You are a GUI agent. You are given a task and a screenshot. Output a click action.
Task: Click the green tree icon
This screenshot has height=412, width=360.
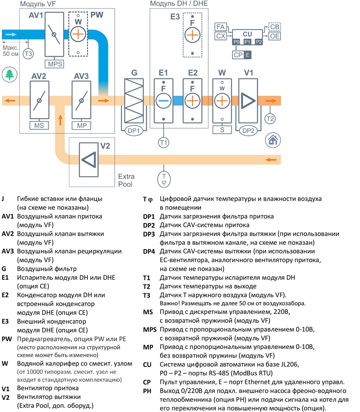tap(9, 74)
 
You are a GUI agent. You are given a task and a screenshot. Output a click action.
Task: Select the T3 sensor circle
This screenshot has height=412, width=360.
tap(28, 54)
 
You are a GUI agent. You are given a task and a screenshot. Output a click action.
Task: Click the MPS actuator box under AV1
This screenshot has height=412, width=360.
tap(55, 64)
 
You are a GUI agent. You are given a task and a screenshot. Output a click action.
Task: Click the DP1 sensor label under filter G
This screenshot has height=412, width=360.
tap(135, 130)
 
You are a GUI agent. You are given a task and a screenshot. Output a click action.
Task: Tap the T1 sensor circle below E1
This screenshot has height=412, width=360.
tap(163, 142)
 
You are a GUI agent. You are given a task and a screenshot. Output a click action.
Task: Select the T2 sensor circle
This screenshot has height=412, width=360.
tap(270, 119)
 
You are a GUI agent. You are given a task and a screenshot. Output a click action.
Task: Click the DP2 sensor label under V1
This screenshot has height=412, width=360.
tap(248, 130)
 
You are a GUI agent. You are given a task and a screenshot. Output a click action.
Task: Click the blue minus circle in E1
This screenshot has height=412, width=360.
tap(163, 101)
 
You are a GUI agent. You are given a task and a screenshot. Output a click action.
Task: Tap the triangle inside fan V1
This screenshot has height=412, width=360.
tap(248, 101)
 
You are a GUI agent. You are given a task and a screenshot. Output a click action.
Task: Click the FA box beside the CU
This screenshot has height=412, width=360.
tap(220, 27)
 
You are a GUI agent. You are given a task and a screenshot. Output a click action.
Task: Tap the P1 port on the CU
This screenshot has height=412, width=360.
tap(247, 42)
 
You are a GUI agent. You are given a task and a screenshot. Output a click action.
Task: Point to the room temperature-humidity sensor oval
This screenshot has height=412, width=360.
tap(164, 179)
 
